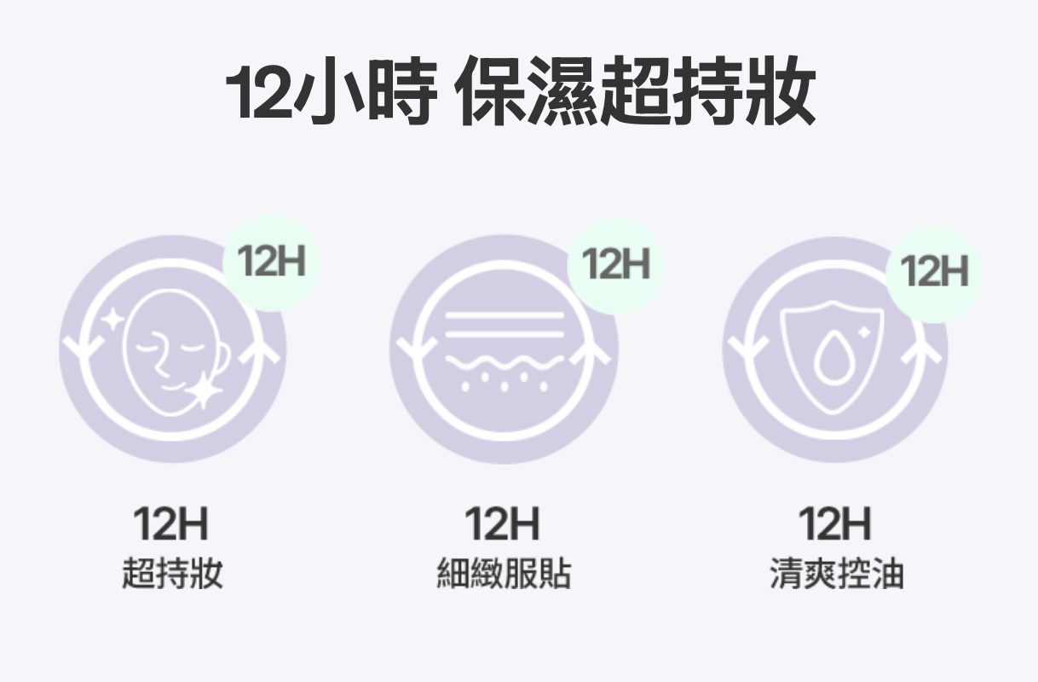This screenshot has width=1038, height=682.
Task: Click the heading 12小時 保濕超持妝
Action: click(520, 93)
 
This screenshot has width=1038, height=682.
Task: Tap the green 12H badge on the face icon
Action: click(271, 263)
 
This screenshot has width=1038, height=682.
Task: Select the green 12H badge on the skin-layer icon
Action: click(615, 264)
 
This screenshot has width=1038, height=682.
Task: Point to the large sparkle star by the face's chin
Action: click(205, 390)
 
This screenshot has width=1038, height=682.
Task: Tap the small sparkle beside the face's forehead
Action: click(112, 321)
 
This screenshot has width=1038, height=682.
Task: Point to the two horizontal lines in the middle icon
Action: click(505, 324)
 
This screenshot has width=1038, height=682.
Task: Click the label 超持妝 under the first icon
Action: click(171, 574)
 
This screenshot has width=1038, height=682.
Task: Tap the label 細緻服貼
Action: click(503, 574)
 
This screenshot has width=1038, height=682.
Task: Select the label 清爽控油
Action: click(835, 574)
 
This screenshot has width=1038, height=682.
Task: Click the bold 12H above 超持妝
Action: click(171, 524)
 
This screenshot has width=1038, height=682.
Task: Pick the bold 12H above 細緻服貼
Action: click(503, 524)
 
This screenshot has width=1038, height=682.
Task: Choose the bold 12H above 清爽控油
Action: click(835, 524)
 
